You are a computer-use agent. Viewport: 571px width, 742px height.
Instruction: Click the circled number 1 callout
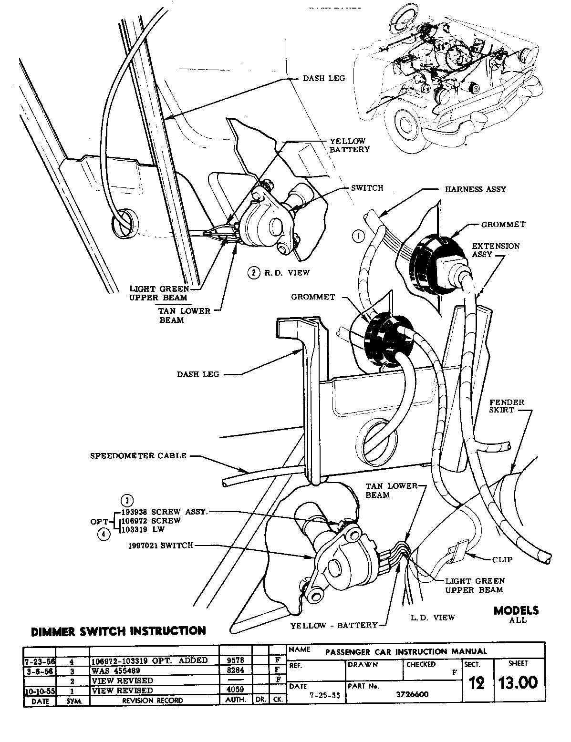(x=359, y=235)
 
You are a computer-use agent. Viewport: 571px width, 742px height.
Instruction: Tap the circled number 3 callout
(x=127, y=500)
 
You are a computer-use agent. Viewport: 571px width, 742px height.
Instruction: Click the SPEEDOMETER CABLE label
(x=138, y=456)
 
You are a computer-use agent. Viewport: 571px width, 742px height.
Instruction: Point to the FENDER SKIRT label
(x=506, y=406)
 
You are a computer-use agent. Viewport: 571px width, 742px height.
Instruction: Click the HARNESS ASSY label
(x=475, y=189)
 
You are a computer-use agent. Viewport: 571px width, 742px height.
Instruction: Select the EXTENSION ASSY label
(x=496, y=250)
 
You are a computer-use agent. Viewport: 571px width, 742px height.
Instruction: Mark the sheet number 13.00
(x=518, y=682)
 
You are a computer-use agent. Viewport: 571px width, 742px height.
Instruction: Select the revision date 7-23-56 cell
(x=39, y=660)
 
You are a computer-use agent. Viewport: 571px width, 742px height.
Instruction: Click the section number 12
(x=477, y=683)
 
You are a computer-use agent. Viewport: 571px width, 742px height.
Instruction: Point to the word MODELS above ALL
(x=516, y=610)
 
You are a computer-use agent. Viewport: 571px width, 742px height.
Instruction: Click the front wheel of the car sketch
(x=407, y=125)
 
